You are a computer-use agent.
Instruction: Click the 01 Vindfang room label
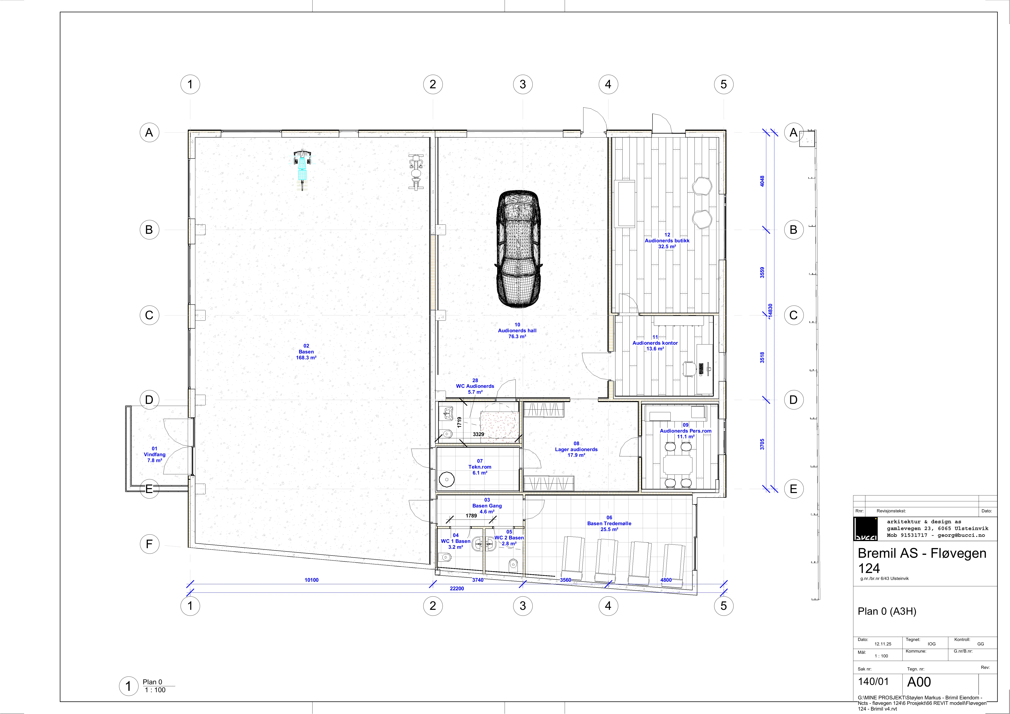[154, 454]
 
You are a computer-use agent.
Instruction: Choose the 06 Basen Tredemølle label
[609, 524]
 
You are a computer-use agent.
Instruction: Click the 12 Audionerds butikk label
[667, 241]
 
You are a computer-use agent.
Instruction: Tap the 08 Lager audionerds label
[576, 449]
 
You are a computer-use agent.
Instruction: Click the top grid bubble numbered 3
[523, 84]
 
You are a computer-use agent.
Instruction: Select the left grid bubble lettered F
[149, 544]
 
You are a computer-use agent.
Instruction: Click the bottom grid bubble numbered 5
[724, 606]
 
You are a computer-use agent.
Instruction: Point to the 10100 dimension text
[311, 580]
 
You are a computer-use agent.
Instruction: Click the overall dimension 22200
[457, 588]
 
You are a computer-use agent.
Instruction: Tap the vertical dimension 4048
[762, 181]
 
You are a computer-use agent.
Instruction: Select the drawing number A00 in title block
[919, 682]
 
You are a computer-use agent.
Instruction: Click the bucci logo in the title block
[865, 528]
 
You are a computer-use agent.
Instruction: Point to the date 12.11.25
[883, 644]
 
